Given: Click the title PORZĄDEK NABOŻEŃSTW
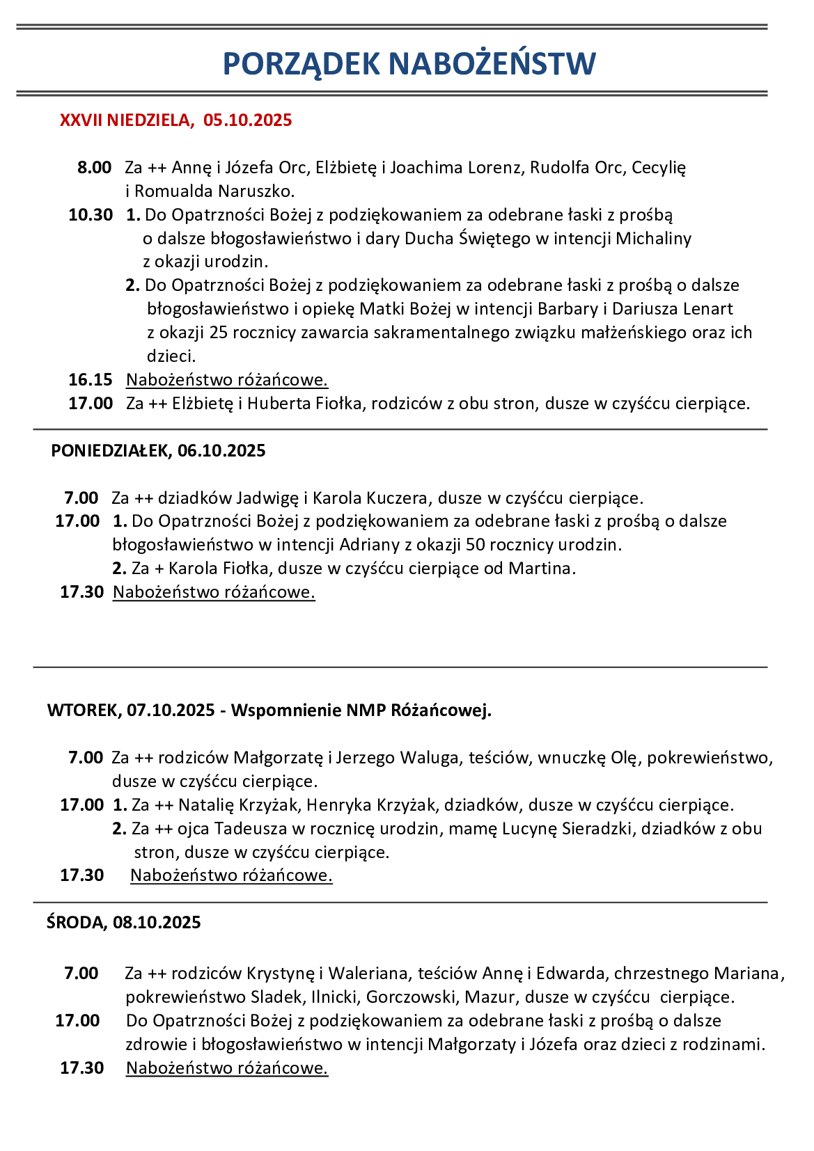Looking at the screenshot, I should point(409,64).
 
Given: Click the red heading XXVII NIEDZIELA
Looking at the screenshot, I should point(125,120).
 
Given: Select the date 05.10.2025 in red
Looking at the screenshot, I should point(248,120).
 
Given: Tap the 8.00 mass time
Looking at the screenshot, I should point(94,168).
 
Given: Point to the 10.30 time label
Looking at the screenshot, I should point(91,215).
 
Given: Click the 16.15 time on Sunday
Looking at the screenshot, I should point(91,380).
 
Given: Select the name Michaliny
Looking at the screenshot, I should point(653,239).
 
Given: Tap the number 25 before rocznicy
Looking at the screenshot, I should point(218,333).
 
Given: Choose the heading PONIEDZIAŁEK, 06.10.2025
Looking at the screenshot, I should point(158,451).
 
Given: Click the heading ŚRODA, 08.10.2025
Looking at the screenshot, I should point(124,923).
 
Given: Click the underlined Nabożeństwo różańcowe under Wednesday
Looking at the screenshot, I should point(227,1068).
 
